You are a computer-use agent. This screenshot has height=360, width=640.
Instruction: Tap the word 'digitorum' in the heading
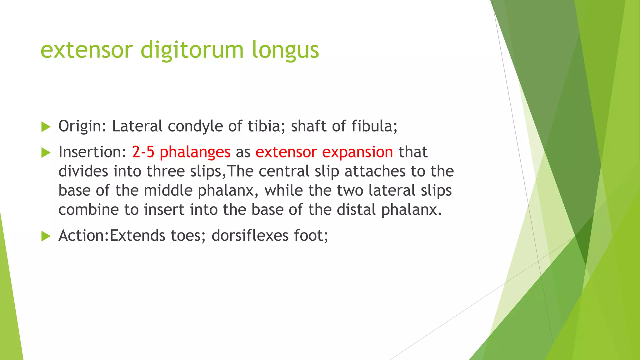192,50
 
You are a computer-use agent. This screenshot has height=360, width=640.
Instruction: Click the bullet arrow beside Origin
46,127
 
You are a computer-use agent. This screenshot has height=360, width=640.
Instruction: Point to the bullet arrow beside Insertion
46,153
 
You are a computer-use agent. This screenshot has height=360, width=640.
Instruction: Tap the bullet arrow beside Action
46,236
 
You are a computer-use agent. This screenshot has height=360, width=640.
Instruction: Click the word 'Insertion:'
92,152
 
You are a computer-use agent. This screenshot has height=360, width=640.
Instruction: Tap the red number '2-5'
143,152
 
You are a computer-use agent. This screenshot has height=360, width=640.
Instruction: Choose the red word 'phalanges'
195,152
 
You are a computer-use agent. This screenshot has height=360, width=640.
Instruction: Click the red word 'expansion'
357,152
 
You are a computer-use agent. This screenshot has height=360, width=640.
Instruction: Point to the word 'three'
166,171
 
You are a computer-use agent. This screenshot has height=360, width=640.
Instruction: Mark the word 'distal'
356,210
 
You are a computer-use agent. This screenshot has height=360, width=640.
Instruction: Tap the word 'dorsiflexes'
250,236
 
